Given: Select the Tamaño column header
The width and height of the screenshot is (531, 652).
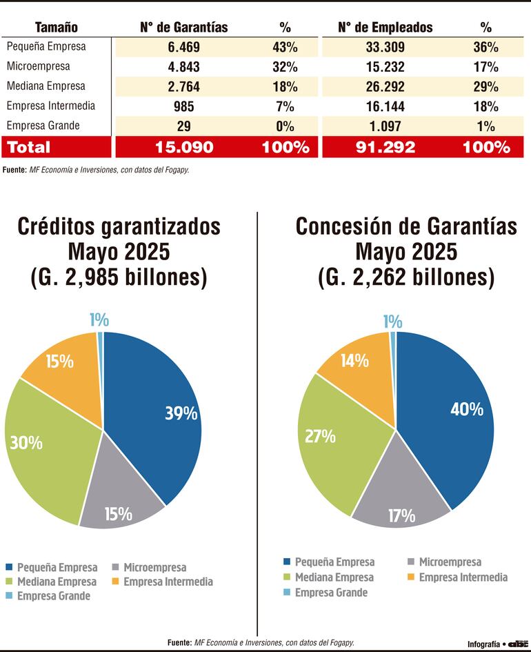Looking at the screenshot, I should [57, 28].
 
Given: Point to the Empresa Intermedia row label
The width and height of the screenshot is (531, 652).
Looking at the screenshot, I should [50, 106].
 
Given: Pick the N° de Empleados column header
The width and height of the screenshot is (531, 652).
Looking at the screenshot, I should [385, 28].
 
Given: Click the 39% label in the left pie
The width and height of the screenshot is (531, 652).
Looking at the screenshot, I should [181, 413].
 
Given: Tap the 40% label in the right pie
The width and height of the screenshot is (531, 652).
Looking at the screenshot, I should [466, 409].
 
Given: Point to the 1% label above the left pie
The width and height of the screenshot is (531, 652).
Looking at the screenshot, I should [99, 320].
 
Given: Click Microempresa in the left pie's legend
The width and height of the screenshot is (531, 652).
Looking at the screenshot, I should [154, 568].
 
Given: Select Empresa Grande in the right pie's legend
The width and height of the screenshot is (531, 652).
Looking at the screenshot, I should [331, 593].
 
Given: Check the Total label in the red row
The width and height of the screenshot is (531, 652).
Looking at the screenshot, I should [29, 147].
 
